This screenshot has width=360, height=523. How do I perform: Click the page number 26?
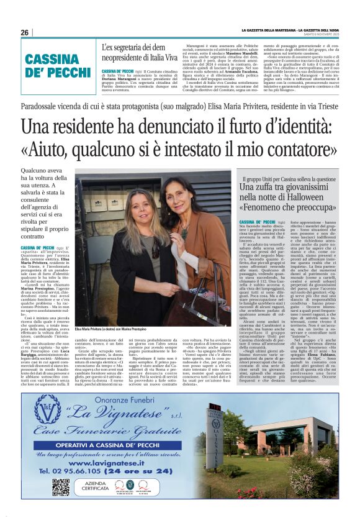pos(24,32)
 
